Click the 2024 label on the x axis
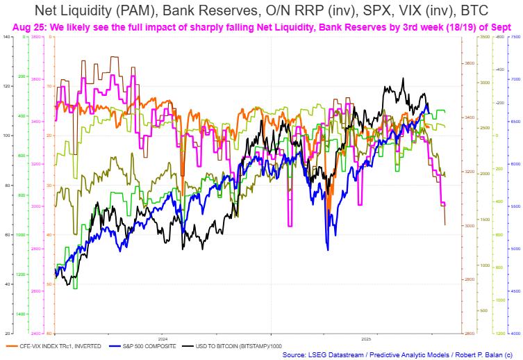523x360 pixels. (162, 338)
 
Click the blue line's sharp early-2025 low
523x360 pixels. (326, 249)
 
